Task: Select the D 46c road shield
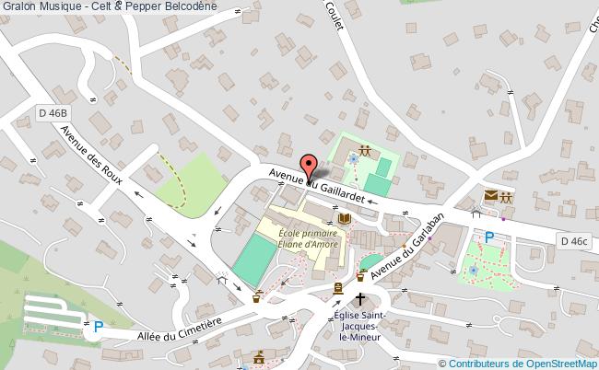(571, 241)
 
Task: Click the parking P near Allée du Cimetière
(98, 325)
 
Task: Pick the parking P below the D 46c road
(489, 237)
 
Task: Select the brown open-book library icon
(344, 219)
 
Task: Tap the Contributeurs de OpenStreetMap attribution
(523, 363)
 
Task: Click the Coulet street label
(335, 18)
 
